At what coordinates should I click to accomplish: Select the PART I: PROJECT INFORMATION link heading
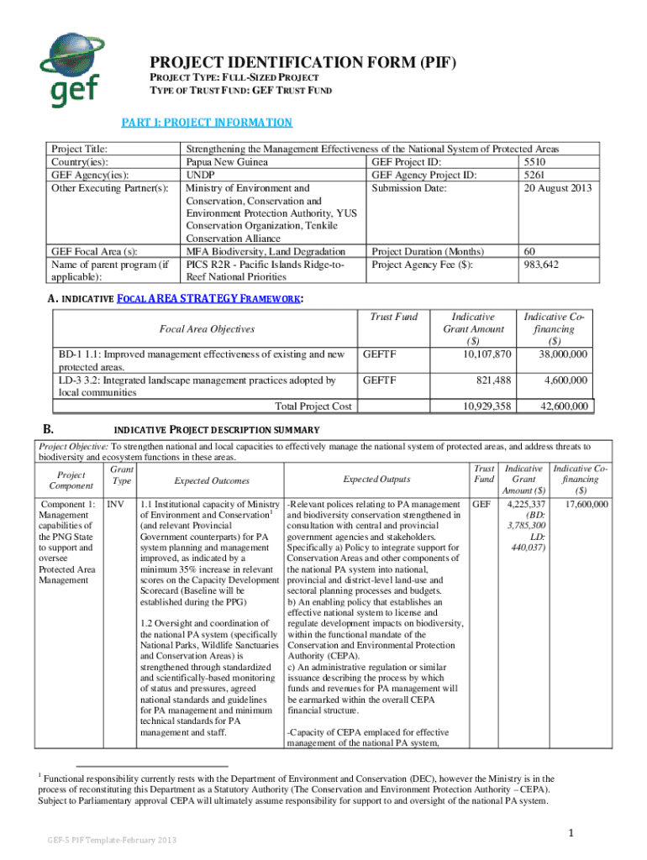coord(207,123)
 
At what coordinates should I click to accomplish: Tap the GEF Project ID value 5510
coord(536,161)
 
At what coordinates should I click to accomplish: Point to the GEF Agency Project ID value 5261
coord(535,175)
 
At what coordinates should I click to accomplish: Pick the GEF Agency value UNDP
coord(202,175)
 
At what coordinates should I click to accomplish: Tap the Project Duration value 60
coord(529,251)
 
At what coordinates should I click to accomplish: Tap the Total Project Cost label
coord(313,406)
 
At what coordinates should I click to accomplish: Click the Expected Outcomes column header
coord(211,480)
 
